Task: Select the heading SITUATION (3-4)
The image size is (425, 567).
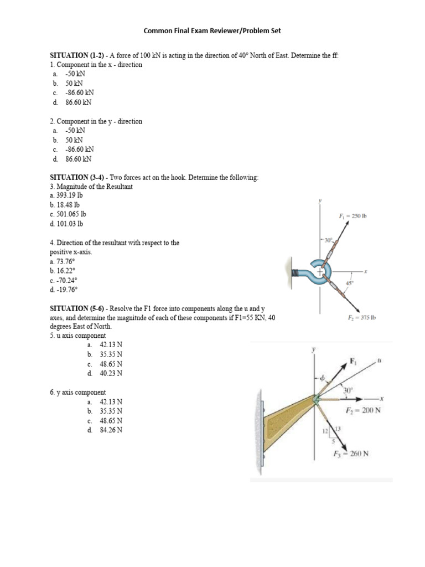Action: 79,177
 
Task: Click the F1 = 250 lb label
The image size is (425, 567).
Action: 353,216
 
